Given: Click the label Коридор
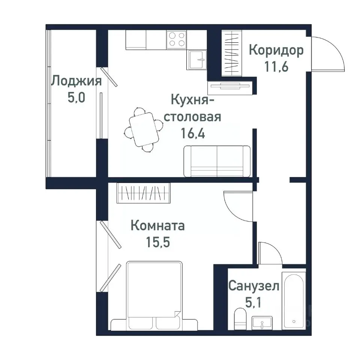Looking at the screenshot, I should (x=276, y=50).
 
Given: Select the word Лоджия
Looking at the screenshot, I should (x=76, y=81).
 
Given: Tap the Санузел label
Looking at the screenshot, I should (x=254, y=287).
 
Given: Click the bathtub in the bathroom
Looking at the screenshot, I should (x=294, y=300).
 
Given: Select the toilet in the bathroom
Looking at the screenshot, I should (x=239, y=319).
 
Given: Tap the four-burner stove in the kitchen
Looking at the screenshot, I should (x=177, y=39).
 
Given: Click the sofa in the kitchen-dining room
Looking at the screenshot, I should (x=217, y=161).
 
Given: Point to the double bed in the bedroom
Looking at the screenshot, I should (x=154, y=292).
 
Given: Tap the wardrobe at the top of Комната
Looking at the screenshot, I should (x=144, y=193).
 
